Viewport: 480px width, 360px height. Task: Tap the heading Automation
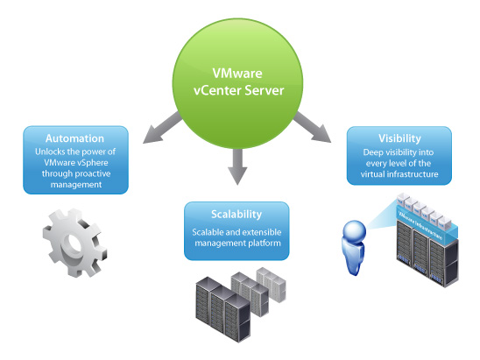click(x=75, y=138)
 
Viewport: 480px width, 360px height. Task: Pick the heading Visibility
click(x=399, y=138)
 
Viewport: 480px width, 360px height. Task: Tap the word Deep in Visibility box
click(x=368, y=152)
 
